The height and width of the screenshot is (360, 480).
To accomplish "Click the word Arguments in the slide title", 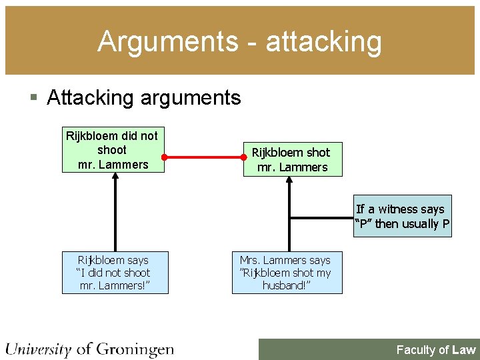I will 167,42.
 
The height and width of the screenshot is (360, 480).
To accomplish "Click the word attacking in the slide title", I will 324,42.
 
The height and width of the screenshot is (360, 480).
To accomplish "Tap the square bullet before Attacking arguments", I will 35,98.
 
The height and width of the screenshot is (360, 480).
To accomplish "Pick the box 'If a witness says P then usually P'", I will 403,217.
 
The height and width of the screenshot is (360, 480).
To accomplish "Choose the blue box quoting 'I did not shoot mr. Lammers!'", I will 115,272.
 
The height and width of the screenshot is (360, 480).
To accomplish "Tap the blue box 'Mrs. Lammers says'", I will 286,272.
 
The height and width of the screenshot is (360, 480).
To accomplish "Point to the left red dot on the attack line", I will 164,158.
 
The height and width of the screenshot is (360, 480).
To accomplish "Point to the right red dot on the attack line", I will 245,158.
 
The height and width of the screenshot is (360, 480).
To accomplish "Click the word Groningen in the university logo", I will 135,349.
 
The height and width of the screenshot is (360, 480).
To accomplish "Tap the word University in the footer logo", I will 38,349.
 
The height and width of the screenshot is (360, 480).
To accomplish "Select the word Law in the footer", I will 464,349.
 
